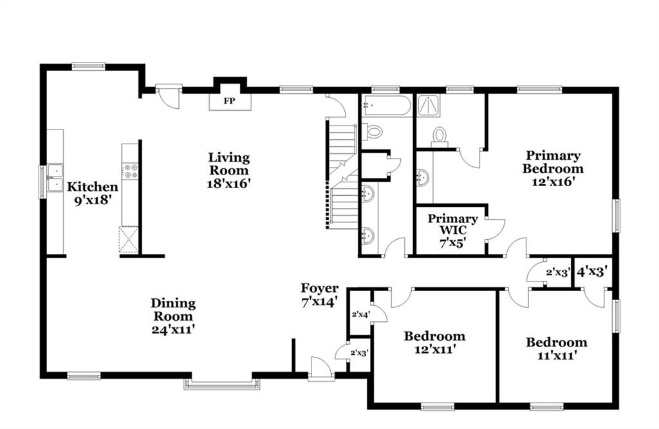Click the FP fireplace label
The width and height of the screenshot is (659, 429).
[x=230, y=101]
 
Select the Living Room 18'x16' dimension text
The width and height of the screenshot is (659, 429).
[x=228, y=184]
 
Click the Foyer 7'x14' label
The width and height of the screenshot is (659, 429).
[x=319, y=295]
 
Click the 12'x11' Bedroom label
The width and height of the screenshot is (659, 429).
[x=434, y=342]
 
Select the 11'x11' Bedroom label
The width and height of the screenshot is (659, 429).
[x=557, y=348]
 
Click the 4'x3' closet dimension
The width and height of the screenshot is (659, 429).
[x=592, y=272]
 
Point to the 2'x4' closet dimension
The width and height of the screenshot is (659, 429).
[x=360, y=314]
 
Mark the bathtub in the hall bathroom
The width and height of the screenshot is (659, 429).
[x=387, y=106]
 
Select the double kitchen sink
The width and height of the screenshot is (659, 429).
[x=55, y=178]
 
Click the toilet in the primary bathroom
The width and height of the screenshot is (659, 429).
[x=440, y=138]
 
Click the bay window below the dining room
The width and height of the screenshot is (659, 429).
[x=221, y=384]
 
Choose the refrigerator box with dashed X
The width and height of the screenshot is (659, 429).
[x=129, y=240]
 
